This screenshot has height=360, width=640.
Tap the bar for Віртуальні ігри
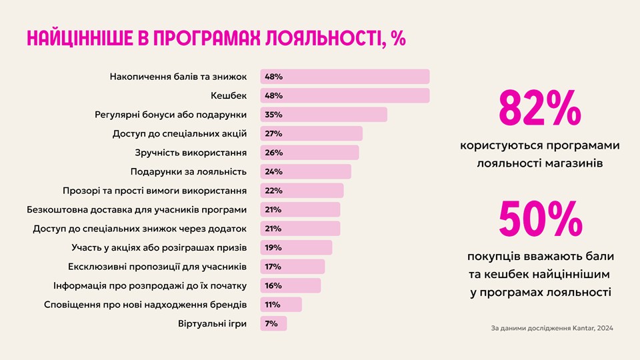tap(273, 323)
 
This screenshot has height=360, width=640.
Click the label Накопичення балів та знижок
tap(178, 77)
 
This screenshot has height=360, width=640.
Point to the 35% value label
tap(273, 115)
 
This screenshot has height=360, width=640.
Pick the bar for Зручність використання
tap(309, 153)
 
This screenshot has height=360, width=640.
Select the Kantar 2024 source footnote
tap(551, 328)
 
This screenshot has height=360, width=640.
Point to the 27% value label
tap(273, 133)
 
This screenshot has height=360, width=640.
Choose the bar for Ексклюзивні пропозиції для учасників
tap(292, 267)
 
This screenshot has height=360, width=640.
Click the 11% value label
tap(273, 305)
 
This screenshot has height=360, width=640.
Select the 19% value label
tap(273, 247)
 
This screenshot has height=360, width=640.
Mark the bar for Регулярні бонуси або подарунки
tap(323, 115)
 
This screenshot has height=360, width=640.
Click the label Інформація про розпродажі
tap(150, 285)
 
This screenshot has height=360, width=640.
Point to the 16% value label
tap(273, 285)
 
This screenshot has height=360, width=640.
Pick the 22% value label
tap(273, 191)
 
